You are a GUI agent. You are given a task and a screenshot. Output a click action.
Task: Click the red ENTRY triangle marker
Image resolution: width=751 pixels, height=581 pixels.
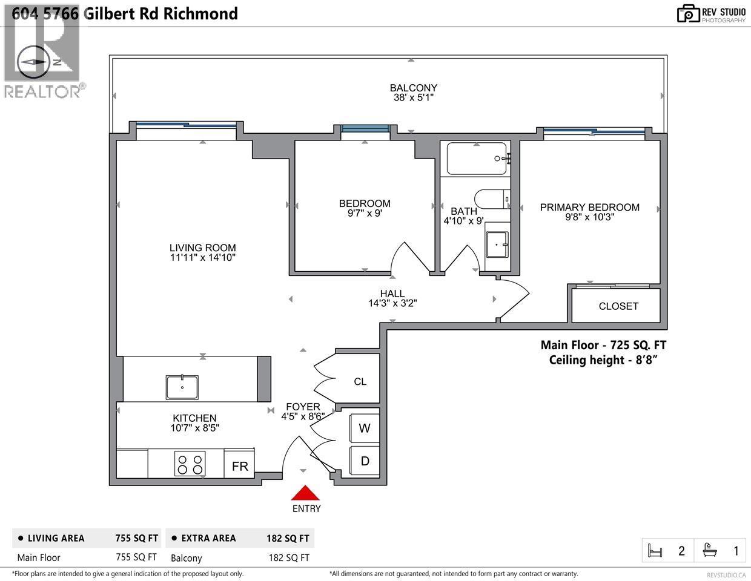tap(306, 493)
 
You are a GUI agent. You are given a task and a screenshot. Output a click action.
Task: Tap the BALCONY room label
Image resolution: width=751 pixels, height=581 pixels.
tap(413, 88)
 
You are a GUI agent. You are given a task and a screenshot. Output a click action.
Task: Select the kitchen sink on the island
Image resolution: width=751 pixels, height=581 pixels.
tap(182, 387)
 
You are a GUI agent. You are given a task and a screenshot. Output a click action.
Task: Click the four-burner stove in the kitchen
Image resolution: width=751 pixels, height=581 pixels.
tap(190, 464)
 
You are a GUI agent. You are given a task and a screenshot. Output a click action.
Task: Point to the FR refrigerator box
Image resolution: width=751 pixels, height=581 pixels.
tap(240, 466)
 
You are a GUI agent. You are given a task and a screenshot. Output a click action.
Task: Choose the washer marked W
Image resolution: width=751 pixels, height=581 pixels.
tap(365, 428)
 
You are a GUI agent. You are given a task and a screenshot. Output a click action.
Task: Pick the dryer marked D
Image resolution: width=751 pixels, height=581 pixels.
tap(365, 461)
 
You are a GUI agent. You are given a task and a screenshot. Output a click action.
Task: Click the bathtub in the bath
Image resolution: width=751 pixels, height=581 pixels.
tap(477, 159)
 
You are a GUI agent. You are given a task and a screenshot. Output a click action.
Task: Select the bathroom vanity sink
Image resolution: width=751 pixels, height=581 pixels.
tap(497, 245)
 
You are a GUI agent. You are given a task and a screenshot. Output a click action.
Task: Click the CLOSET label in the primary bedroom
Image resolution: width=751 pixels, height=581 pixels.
tap(618, 306)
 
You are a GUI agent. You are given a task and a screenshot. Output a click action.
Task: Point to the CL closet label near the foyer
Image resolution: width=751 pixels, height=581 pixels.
tap(360, 381)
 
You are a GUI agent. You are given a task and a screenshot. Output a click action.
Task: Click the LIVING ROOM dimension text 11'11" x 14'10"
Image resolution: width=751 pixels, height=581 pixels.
tap(202, 258)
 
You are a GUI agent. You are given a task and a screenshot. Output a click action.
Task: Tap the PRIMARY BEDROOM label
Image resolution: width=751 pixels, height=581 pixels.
tap(589, 208)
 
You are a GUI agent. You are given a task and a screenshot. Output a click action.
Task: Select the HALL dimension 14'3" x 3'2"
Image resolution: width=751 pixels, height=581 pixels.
tap(392, 304)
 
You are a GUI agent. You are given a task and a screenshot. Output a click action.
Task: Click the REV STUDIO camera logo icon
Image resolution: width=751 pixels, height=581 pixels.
tap(688, 13)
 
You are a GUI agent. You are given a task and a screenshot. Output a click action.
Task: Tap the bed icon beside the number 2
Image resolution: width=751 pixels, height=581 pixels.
tap(655, 551)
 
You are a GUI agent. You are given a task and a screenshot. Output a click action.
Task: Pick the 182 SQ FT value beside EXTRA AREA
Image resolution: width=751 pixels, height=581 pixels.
tap(288, 538)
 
